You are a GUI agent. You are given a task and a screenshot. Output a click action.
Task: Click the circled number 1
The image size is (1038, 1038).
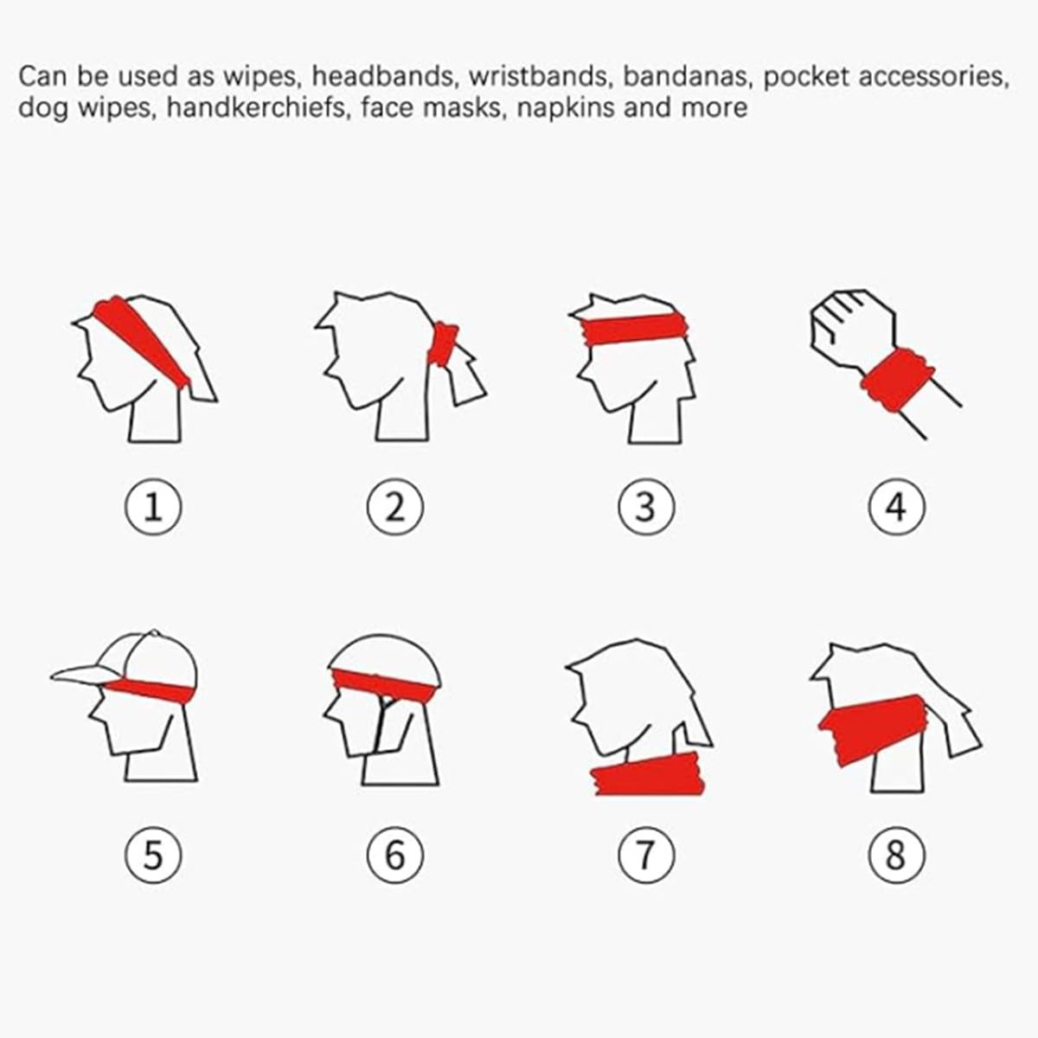(153, 507)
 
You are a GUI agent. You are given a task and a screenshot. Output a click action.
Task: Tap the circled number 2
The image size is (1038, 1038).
(395, 507)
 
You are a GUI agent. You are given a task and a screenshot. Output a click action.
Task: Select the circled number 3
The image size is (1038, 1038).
(646, 507)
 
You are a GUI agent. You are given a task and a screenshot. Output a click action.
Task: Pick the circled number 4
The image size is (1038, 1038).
(896, 507)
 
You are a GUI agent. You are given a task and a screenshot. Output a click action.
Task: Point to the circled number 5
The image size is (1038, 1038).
(153, 855)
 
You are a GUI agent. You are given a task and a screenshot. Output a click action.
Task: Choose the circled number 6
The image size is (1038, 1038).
(395, 855)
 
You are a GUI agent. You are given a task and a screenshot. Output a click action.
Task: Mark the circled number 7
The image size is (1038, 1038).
(646, 855)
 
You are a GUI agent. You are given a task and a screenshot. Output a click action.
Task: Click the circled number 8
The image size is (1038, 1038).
(896, 855)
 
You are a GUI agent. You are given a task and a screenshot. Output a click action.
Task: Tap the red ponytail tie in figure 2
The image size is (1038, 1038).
(443, 343)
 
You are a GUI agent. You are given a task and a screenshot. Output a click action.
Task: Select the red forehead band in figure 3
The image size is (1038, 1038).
(636, 329)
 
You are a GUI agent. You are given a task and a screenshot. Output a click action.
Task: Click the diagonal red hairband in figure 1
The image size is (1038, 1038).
(141, 341)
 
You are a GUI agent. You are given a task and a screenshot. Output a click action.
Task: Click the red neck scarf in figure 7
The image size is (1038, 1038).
(648, 774)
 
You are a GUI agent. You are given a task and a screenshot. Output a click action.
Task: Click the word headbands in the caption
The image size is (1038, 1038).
(383, 76)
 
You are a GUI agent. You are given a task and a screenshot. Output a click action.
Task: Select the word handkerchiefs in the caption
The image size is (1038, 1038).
(257, 107)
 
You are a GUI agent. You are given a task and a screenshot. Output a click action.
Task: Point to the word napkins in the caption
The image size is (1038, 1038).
(565, 109)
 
